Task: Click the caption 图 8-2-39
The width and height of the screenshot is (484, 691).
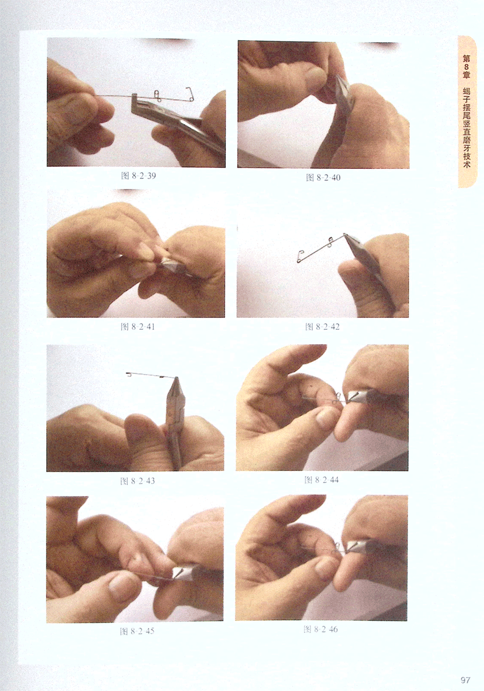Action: click(x=138, y=176)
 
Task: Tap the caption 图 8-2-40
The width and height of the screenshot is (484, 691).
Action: click(x=323, y=177)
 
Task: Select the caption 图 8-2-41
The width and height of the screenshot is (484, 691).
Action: click(x=138, y=327)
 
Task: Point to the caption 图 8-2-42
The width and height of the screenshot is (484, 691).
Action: click(x=322, y=327)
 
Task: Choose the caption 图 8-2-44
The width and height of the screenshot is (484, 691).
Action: click(x=322, y=479)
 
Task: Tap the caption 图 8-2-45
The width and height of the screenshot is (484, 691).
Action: click(x=137, y=631)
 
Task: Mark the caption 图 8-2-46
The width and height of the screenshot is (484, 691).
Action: click(x=321, y=629)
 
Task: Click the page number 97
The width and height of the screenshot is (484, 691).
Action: click(x=466, y=680)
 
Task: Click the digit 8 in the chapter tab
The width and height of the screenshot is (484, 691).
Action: click(x=466, y=67)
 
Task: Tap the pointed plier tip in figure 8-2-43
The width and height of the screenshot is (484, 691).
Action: click(x=177, y=378)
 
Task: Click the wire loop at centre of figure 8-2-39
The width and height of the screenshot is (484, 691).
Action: click(x=157, y=95)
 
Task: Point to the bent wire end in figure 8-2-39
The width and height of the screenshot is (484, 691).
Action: click(x=190, y=94)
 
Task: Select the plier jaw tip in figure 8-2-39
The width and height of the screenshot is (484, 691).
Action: click(x=135, y=96)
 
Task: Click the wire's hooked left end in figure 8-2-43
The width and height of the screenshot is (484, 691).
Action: click(x=129, y=375)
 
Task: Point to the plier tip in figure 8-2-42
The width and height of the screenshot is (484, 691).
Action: click(x=345, y=235)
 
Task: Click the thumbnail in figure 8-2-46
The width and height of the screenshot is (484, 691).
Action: click(x=323, y=567)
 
